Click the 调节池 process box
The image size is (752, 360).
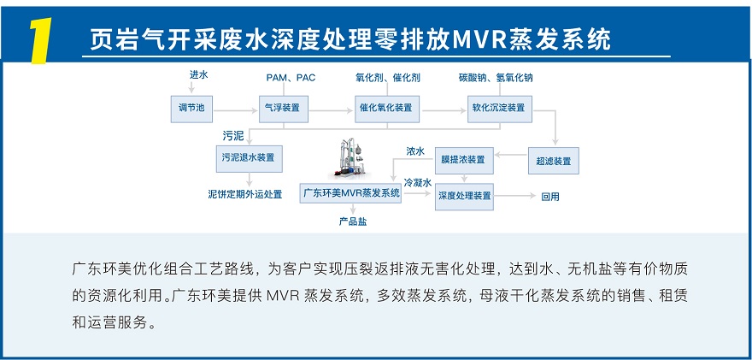[x=191, y=108]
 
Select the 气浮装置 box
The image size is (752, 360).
[x=284, y=108]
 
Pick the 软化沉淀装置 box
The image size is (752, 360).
[x=499, y=108]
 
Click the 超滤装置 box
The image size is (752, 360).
[x=554, y=160]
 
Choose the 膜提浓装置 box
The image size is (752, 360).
[x=463, y=160]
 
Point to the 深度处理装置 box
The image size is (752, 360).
[x=465, y=196]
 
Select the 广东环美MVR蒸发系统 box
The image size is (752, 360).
[x=351, y=193]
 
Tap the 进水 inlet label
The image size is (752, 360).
[x=198, y=75]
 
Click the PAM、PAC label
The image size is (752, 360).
[x=291, y=78]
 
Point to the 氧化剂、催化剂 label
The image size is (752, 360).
[x=388, y=78]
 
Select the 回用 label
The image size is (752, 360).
[x=550, y=197]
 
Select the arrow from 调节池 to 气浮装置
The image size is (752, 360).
[x=236, y=109]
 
